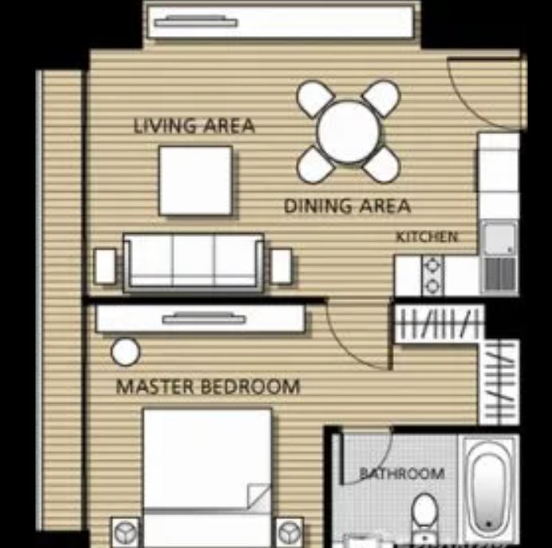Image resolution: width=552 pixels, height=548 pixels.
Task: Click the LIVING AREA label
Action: click(x=195, y=126)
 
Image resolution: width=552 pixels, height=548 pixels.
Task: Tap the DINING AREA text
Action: click(x=348, y=206)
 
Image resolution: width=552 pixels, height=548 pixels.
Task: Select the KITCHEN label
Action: click(x=427, y=237)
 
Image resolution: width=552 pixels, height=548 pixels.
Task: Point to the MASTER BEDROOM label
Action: click(x=208, y=386)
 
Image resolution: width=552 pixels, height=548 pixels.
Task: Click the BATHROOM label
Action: click(x=402, y=473)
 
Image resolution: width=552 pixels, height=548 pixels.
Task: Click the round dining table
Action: click(x=349, y=132)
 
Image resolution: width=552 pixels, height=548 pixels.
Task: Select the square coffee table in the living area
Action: click(x=195, y=180)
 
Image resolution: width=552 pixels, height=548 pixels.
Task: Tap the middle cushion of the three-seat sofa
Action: click(x=193, y=261)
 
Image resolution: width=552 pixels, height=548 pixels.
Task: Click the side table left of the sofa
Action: click(x=105, y=266)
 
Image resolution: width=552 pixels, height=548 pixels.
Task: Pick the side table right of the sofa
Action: click(x=282, y=266)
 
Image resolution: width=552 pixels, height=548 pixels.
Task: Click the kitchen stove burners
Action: click(x=432, y=275)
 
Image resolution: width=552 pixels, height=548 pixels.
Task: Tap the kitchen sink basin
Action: click(x=499, y=239)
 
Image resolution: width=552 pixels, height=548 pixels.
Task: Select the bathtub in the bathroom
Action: click(x=489, y=487)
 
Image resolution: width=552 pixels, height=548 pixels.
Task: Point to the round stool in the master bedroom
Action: click(x=125, y=352)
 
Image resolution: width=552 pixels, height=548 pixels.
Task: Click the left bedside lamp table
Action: click(x=125, y=532)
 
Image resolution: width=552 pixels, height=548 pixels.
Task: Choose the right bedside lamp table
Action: click(x=290, y=532)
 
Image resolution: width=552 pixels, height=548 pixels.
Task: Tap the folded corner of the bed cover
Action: click(x=258, y=496)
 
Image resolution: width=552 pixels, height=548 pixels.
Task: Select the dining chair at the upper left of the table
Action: click(x=315, y=99)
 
